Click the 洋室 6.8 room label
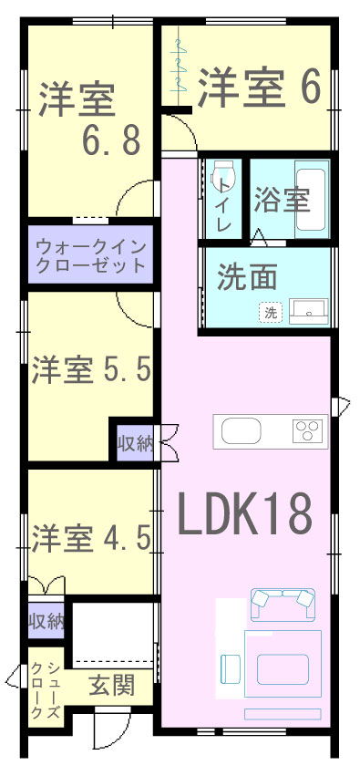coord(90,118)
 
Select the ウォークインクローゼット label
coord(91,255)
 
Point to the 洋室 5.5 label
coord(91,371)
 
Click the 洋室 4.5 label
coord(91,538)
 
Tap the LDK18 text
coord(245,513)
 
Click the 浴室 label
coord(282,200)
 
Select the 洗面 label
coord(247,280)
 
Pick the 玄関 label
coord(111,686)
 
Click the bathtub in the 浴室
coord(312,200)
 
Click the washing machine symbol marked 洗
coord(271,312)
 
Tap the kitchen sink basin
coord(241,431)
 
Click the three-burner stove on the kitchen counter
coord(309,431)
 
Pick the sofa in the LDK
coord(283,604)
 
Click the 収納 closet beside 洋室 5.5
coord(136,441)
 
